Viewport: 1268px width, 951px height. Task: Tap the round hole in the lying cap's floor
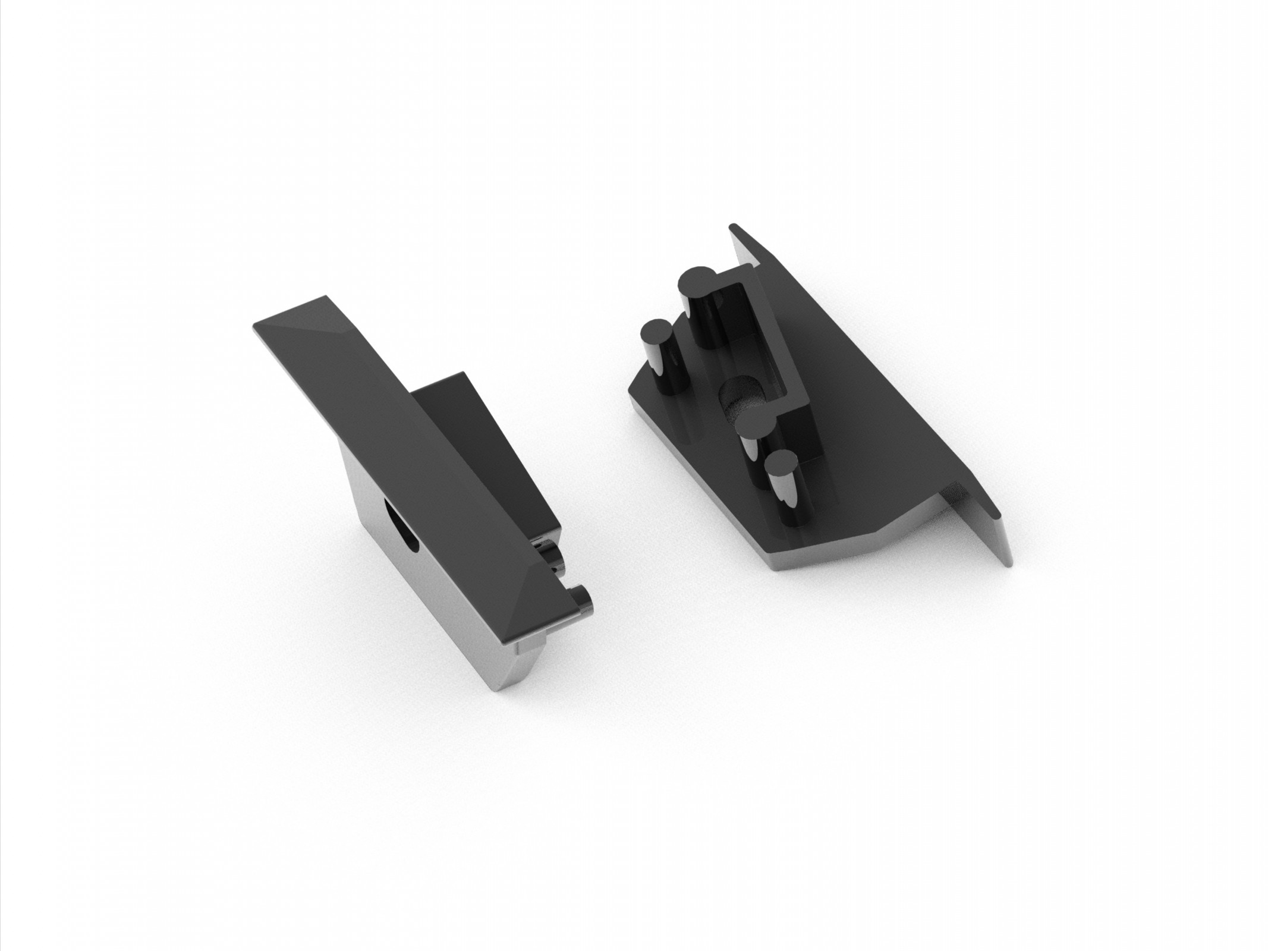point(739,398)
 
